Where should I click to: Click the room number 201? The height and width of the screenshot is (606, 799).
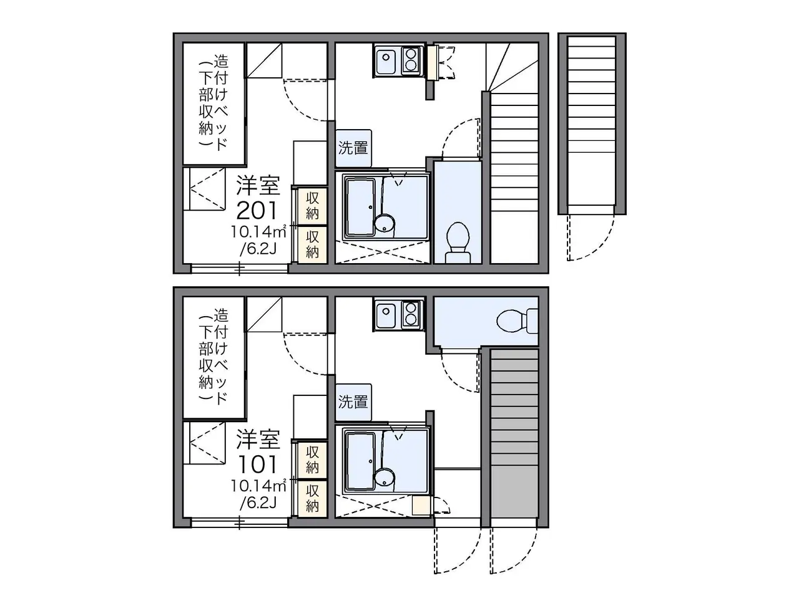[x=257, y=211]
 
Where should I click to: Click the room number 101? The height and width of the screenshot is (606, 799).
[x=257, y=464]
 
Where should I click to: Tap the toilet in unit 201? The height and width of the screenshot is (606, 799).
[x=458, y=242]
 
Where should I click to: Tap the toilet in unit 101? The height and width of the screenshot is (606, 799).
[x=517, y=321]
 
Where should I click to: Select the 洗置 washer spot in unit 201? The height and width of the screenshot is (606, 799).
[x=353, y=148]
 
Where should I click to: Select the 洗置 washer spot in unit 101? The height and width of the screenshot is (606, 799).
[x=353, y=402]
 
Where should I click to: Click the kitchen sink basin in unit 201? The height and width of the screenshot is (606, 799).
[x=387, y=60]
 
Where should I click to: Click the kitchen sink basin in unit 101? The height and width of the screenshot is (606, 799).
[x=387, y=315]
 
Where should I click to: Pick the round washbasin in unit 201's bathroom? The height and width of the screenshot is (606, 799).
[x=385, y=223]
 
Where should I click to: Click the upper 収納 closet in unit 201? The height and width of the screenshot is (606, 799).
[x=312, y=206]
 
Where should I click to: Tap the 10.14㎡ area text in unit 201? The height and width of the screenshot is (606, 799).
[x=258, y=231]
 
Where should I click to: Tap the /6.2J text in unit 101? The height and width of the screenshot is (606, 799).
[x=258, y=503]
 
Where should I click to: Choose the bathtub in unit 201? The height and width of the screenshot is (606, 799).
[x=360, y=207]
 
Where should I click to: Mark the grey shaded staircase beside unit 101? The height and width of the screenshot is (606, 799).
[x=514, y=437]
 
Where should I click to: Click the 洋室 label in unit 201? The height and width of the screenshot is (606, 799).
[x=258, y=185]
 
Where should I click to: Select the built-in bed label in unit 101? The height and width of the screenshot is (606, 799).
[x=213, y=357]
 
